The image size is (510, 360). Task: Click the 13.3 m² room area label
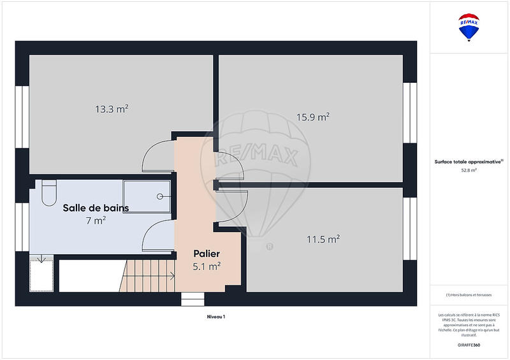[x=112, y=109]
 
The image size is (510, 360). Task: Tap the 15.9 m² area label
[x=312, y=117]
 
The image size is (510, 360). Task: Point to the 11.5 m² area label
[x=323, y=240]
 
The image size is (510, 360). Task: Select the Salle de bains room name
[x=96, y=208]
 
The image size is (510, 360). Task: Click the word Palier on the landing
[x=207, y=254]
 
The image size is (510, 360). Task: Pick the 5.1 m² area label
[x=207, y=266]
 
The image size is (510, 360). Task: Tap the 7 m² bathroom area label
[x=96, y=220]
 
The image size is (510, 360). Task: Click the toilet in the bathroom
[x=49, y=192]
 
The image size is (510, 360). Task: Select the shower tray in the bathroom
[x=147, y=196]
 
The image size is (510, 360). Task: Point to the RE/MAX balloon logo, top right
[x=469, y=27]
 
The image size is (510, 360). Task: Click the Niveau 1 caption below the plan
[x=216, y=317]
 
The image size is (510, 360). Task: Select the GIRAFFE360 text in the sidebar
[x=469, y=345]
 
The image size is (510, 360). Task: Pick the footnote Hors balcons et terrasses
[x=469, y=294]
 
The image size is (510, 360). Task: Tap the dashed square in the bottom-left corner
[x=43, y=273]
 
